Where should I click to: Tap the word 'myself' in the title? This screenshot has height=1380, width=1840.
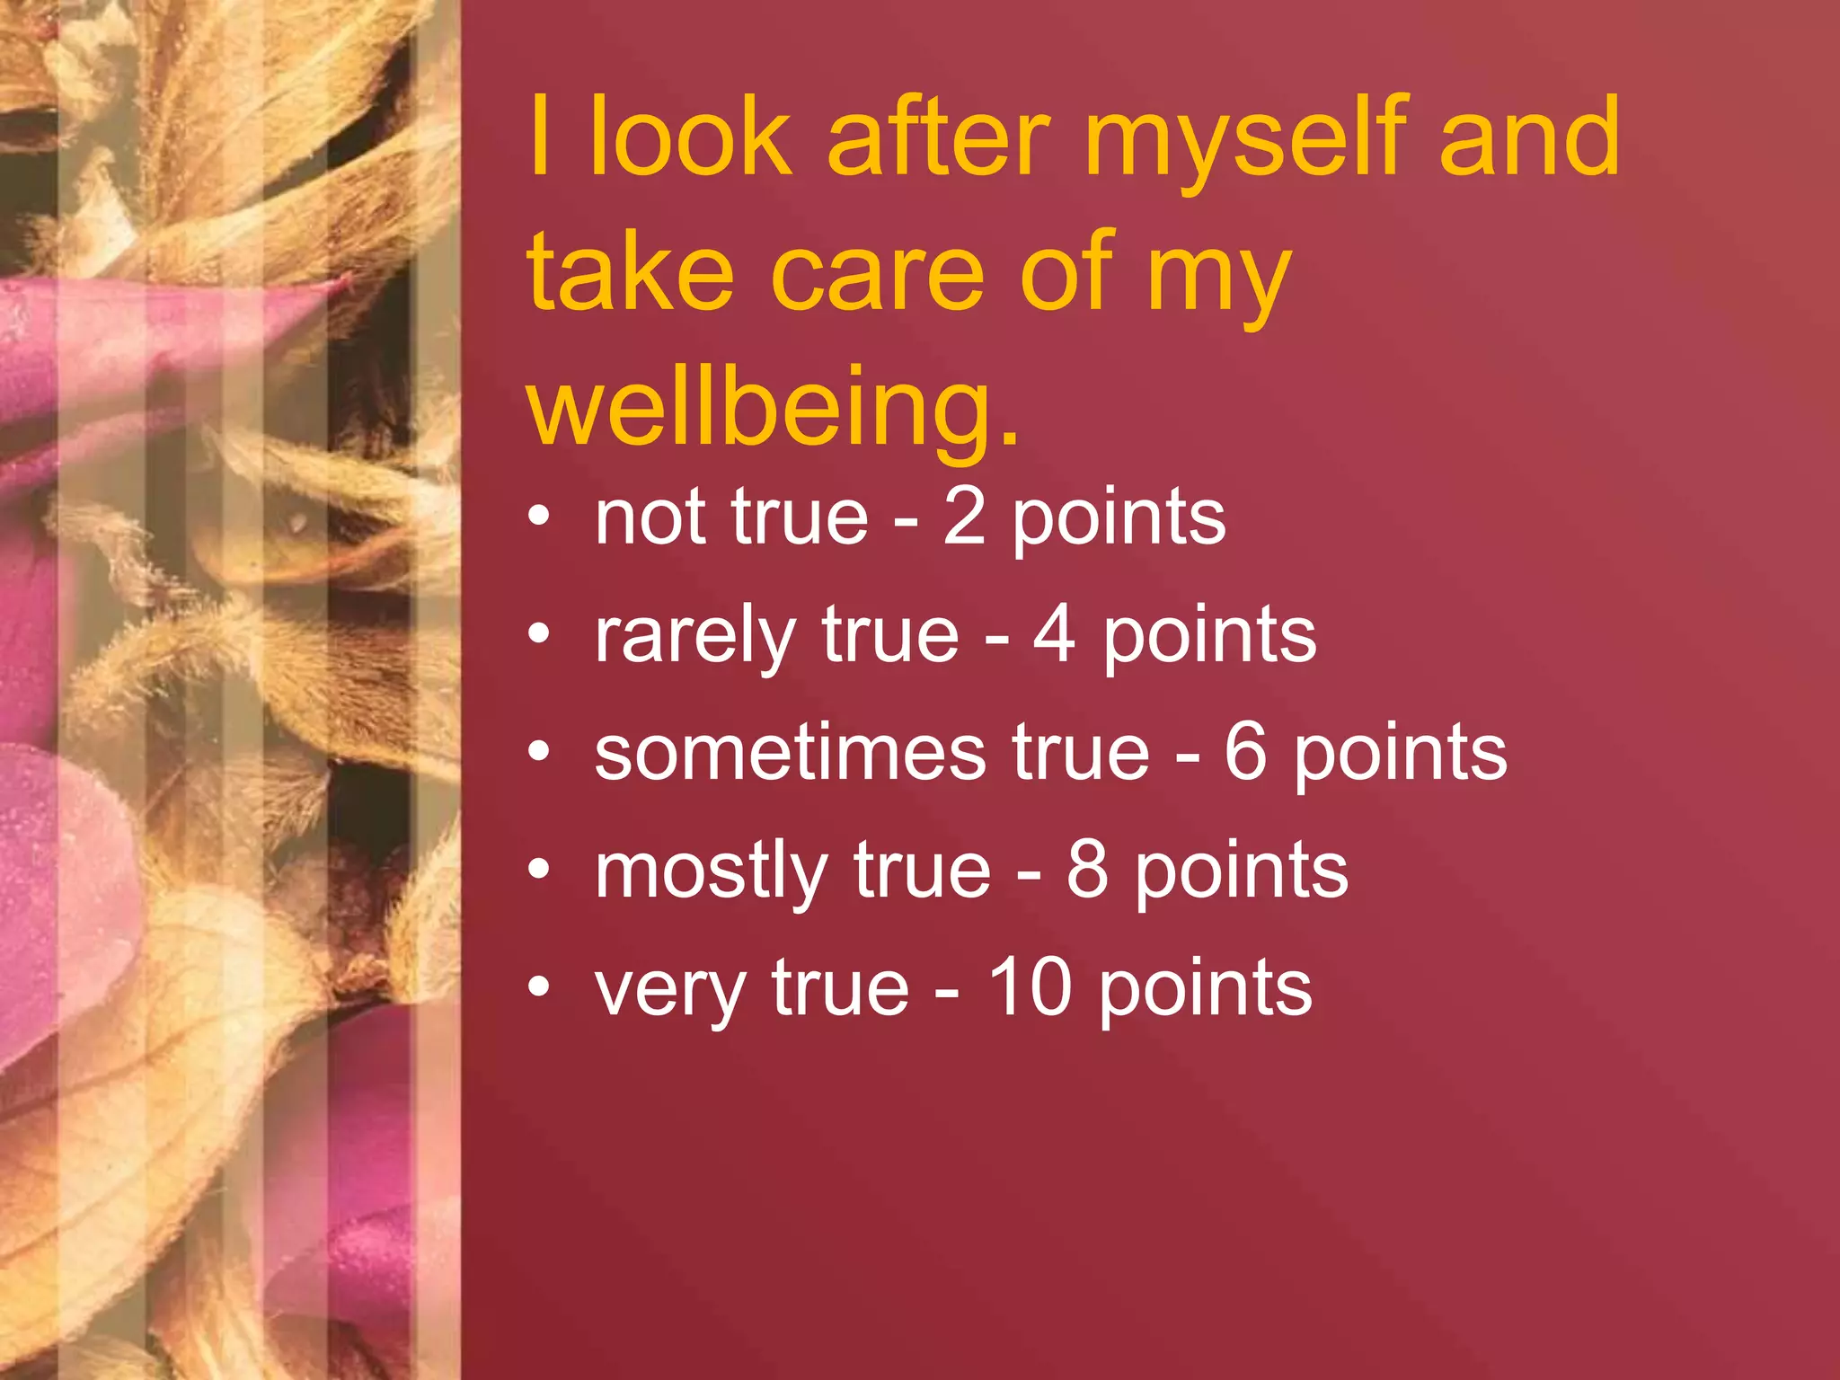click(x=1244, y=139)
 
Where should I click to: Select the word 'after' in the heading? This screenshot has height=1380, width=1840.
click(x=938, y=139)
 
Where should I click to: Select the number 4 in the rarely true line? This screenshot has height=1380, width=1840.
click(x=1054, y=635)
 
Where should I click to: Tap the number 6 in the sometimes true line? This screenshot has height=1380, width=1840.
click(x=1245, y=753)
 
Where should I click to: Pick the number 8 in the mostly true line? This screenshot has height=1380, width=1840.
click(x=1087, y=871)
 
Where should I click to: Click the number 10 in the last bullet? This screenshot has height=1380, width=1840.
click(x=1030, y=988)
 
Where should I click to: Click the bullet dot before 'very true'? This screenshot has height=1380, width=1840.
click(x=538, y=986)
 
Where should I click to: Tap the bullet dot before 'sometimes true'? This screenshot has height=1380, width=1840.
click(x=538, y=751)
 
